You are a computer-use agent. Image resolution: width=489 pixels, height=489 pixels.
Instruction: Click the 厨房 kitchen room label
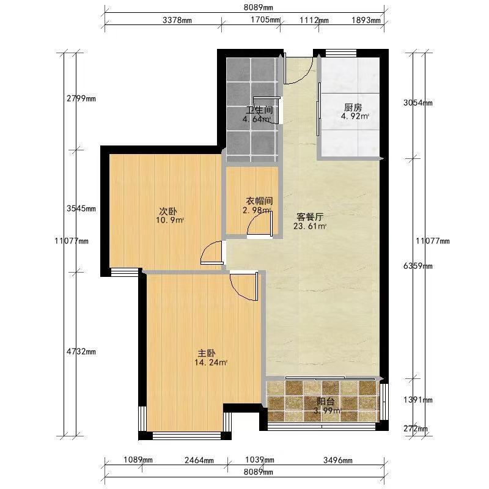[353, 108]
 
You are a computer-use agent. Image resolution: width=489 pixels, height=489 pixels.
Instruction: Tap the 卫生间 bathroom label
[259, 110]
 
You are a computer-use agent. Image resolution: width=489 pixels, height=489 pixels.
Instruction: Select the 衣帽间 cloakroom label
[259, 201]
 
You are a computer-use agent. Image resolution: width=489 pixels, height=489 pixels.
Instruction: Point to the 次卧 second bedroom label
[168, 211]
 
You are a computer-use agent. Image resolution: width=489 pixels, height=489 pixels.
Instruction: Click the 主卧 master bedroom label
[207, 353]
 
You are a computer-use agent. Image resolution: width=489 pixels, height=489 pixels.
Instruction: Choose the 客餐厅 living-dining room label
[310, 217]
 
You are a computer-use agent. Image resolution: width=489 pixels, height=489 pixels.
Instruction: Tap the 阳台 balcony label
[325, 402]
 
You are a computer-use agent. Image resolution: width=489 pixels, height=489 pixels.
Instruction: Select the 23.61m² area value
[310, 226]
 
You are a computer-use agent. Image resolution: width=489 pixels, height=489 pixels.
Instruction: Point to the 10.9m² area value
[170, 221]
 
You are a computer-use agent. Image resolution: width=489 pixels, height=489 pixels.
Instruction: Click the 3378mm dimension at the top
[177, 20]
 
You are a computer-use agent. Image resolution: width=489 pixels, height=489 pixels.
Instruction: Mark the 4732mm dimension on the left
[81, 351]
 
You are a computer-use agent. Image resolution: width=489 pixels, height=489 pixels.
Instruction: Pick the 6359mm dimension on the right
[418, 266]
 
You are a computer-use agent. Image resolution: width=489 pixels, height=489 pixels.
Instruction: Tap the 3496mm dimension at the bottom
[338, 460]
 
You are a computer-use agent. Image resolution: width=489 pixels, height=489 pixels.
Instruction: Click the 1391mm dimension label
[418, 400]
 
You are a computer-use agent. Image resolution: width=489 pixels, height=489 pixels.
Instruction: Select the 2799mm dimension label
[81, 98]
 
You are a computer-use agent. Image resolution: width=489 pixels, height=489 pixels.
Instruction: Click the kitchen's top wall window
[341, 53]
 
